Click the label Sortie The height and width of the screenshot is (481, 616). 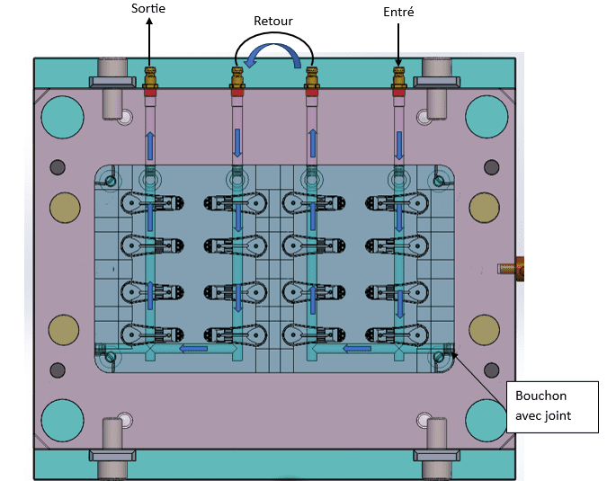click(x=148, y=8)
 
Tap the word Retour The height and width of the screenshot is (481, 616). click(x=273, y=21)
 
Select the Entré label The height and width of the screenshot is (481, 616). click(x=398, y=12)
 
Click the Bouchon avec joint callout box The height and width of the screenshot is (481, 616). click(x=552, y=406)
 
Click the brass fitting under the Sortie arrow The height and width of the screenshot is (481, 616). click(x=150, y=77)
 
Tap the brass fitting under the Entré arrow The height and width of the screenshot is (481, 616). click(x=398, y=77)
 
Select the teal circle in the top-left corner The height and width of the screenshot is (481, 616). click(x=62, y=117)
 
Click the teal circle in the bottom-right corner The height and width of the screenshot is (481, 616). click(x=487, y=420)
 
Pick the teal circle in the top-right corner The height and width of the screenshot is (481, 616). click(x=487, y=117)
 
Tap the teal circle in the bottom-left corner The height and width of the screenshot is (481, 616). click(x=62, y=420)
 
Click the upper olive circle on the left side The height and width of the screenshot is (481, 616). click(x=65, y=208)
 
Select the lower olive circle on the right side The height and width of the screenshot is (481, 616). click(x=485, y=329)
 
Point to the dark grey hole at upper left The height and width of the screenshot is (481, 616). click(x=58, y=167)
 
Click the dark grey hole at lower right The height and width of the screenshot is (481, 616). click(x=492, y=370)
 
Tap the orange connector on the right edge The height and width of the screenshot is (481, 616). click(x=512, y=269)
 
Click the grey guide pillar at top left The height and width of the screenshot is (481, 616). click(x=112, y=88)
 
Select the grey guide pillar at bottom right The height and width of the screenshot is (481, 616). click(x=436, y=449)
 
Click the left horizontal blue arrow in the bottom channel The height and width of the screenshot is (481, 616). click(x=193, y=348)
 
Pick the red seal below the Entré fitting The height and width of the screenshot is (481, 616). click(x=398, y=93)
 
